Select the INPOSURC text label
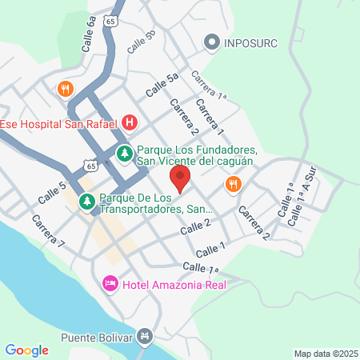[x=250, y=42]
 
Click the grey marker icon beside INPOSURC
[x=212, y=42]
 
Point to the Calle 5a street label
[x=162, y=86]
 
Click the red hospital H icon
[x=130, y=123]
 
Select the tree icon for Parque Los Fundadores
[x=124, y=152]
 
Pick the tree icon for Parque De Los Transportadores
[x=86, y=202]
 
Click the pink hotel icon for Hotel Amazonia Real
[x=110, y=283]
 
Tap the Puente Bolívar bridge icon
[x=145, y=336]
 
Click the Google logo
[x=26, y=350]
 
